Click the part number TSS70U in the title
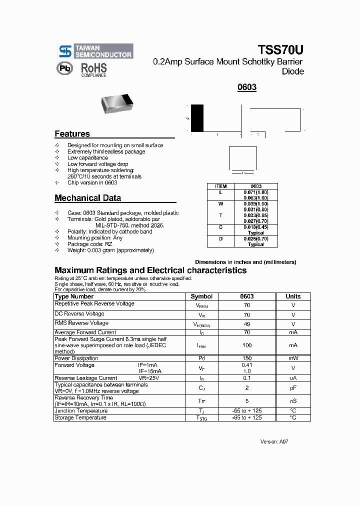tap(280, 50)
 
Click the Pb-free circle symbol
tap(64, 68)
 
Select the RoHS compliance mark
tap(94, 69)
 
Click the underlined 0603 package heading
tap(247, 87)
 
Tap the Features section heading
tap(72, 134)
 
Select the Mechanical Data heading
tap(87, 198)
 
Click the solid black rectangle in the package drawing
tap(197, 118)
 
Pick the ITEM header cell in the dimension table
tap(220, 186)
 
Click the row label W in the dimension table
tap(220, 204)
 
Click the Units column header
tap(293, 296)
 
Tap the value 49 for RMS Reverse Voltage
tap(247, 324)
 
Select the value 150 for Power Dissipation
tap(247, 358)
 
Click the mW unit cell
tap(293, 358)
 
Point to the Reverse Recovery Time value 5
tap(247, 401)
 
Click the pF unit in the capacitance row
tap(293, 388)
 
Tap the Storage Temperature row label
tap(80, 418)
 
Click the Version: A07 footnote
tap(274, 442)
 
